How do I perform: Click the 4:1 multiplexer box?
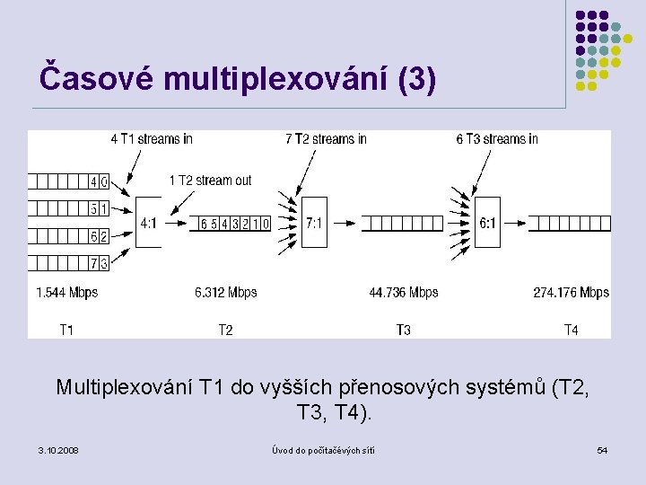[x=149, y=223]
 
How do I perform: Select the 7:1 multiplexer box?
[x=313, y=223]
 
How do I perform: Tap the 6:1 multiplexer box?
[x=486, y=223]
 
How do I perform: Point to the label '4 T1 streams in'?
[x=152, y=138]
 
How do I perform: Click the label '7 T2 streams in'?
[x=326, y=138]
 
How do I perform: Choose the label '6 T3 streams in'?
[x=497, y=138]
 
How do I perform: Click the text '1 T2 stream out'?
[x=211, y=181]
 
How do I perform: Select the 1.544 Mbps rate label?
[x=67, y=292]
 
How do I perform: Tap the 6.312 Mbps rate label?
[x=226, y=292]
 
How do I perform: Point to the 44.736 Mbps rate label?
[x=404, y=292]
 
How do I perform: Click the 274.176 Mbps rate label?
[x=572, y=292]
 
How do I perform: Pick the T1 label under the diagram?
[x=66, y=330]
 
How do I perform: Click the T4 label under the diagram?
[x=571, y=330]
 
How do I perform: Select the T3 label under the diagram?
[x=404, y=330]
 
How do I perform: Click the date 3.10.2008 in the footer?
[x=58, y=449]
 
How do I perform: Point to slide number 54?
[x=602, y=449]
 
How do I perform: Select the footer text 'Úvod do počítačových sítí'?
[x=323, y=449]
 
